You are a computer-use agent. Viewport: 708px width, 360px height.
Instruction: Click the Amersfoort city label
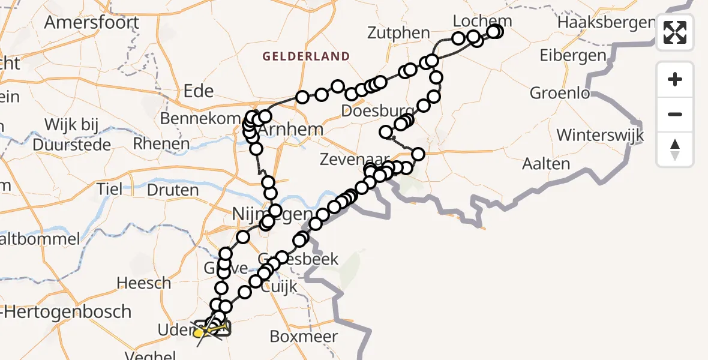tap(92, 23)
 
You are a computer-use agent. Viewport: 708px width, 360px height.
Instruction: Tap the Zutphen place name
tap(400, 33)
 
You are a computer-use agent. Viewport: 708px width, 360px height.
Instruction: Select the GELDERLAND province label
tap(306, 57)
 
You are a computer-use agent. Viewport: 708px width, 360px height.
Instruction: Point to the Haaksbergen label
tap(606, 23)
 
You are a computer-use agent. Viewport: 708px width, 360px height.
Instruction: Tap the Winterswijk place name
tap(600, 135)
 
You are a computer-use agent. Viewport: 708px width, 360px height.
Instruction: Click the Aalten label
tap(546, 164)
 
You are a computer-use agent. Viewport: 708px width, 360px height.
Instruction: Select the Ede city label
tap(199, 91)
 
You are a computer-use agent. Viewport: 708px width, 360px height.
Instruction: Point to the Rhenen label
tap(161, 145)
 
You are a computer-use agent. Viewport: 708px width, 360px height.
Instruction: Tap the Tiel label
tap(110, 189)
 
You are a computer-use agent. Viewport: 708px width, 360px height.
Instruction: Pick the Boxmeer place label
tap(304, 336)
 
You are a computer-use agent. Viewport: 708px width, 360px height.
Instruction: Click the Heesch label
tap(143, 283)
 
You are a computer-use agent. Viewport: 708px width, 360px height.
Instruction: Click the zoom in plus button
tap(675, 79)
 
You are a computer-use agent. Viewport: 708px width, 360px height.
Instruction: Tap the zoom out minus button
tap(675, 115)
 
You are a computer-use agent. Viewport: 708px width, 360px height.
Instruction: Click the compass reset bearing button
tap(675, 149)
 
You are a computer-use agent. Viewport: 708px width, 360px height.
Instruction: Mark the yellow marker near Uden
tap(198, 332)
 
